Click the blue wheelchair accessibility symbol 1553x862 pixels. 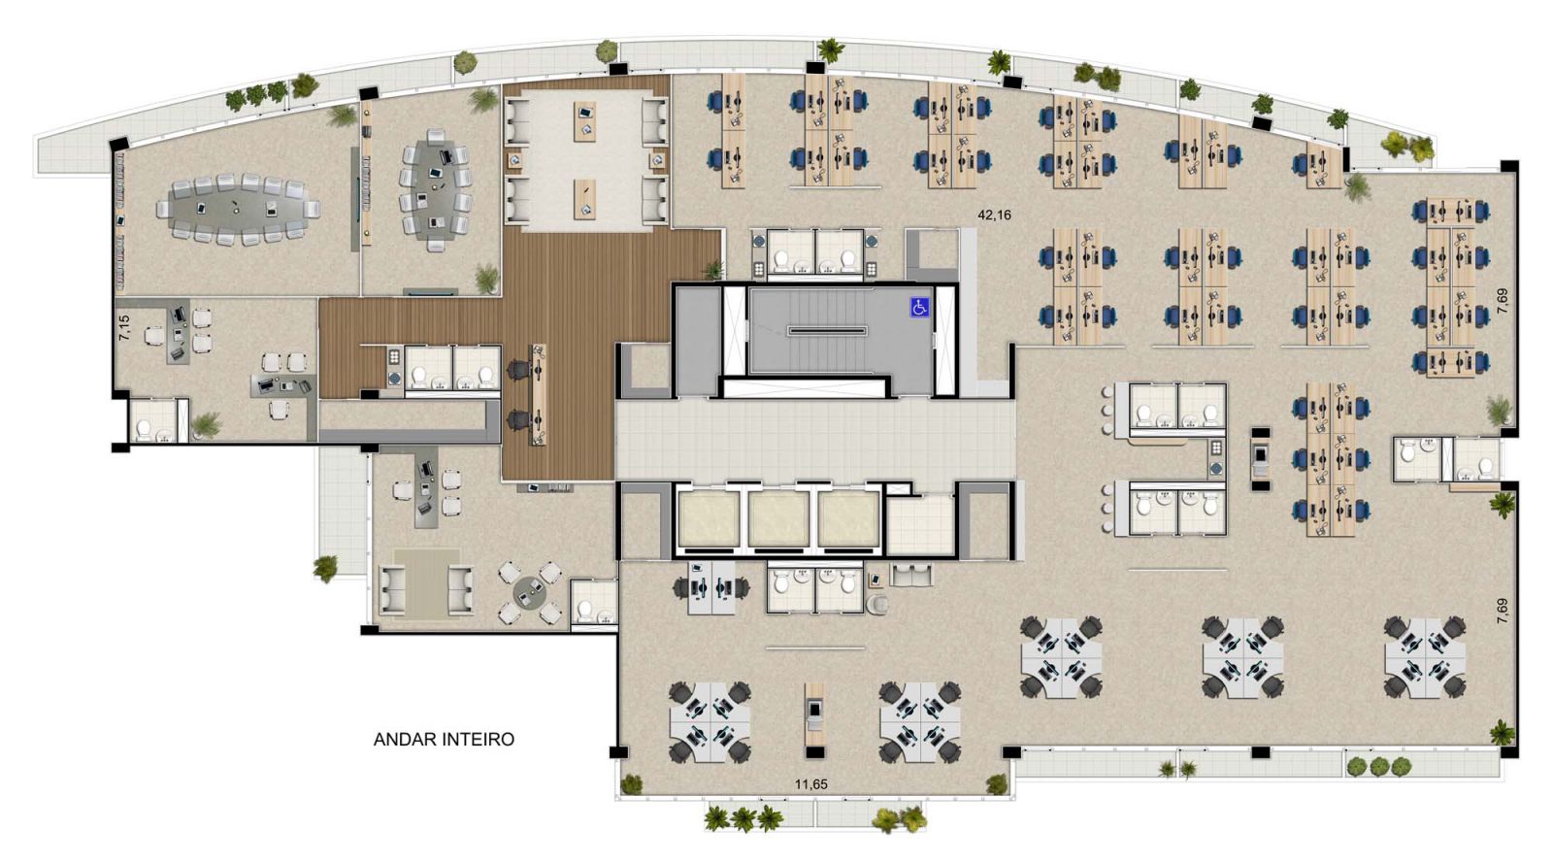click(919, 307)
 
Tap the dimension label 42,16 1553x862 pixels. click(994, 215)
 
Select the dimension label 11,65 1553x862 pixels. click(810, 785)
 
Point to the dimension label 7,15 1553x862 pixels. click(124, 326)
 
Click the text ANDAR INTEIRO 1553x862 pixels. click(444, 740)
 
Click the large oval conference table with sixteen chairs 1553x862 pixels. click(238, 209)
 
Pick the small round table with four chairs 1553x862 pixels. click(531, 593)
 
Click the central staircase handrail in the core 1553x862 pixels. click(828, 331)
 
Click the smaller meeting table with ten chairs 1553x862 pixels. click(435, 189)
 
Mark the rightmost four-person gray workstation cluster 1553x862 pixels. click(1425, 657)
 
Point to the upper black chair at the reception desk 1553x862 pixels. click(515, 369)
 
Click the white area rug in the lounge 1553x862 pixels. click(587, 160)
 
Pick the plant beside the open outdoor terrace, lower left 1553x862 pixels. click(325, 569)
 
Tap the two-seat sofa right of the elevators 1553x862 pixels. click(911, 576)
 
